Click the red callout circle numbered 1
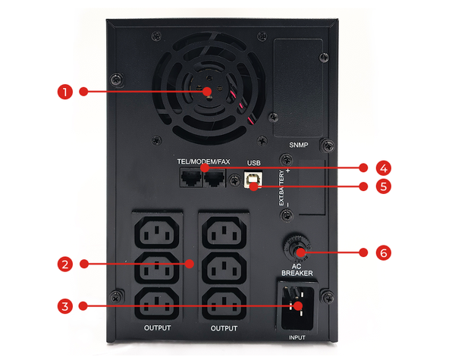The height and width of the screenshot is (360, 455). click(64, 92)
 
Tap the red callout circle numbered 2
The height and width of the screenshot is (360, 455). click(64, 264)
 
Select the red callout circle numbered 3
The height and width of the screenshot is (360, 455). click(64, 306)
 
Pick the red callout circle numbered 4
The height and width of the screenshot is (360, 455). click(384, 168)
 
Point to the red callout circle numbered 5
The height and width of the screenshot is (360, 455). click(384, 186)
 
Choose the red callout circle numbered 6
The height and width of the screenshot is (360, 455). click(384, 252)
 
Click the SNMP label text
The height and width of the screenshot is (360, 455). click(299, 145)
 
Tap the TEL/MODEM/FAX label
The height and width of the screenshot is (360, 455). click(203, 161)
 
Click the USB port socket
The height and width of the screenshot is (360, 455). click(253, 180)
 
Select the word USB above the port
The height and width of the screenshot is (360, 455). click(253, 163)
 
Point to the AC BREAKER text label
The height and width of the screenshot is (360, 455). click(297, 270)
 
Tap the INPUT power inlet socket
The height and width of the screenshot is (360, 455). click(297, 308)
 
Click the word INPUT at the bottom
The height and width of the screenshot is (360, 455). click(297, 337)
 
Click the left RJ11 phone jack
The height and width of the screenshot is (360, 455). click(191, 178)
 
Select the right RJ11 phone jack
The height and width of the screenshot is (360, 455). click(215, 178)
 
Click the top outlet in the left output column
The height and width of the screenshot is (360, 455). click(157, 232)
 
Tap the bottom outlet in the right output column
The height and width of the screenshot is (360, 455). click(224, 304)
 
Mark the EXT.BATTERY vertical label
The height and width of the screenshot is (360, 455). click(281, 188)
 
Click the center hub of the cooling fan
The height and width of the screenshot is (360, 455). click(209, 88)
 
